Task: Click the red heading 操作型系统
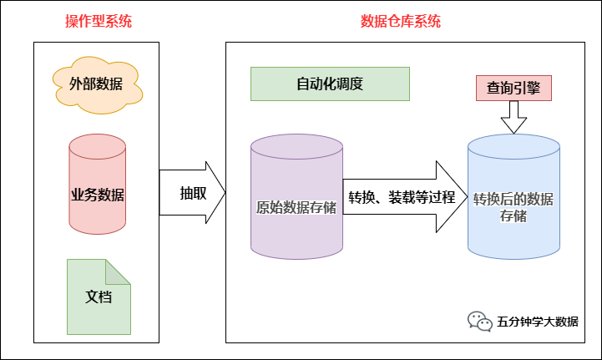pos(98,21)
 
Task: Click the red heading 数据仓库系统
pos(401,21)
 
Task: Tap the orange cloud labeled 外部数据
pos(97,84)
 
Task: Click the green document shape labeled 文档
pos(98,296)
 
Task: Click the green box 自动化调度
pos(330,84)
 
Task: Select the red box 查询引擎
pos(513,88)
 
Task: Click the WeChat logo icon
pos(479,322)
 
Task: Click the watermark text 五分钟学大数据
pos(537,322)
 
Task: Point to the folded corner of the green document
pos(119,269)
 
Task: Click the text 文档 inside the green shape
pos(98,297)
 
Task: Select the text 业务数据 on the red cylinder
pos(98,195)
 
